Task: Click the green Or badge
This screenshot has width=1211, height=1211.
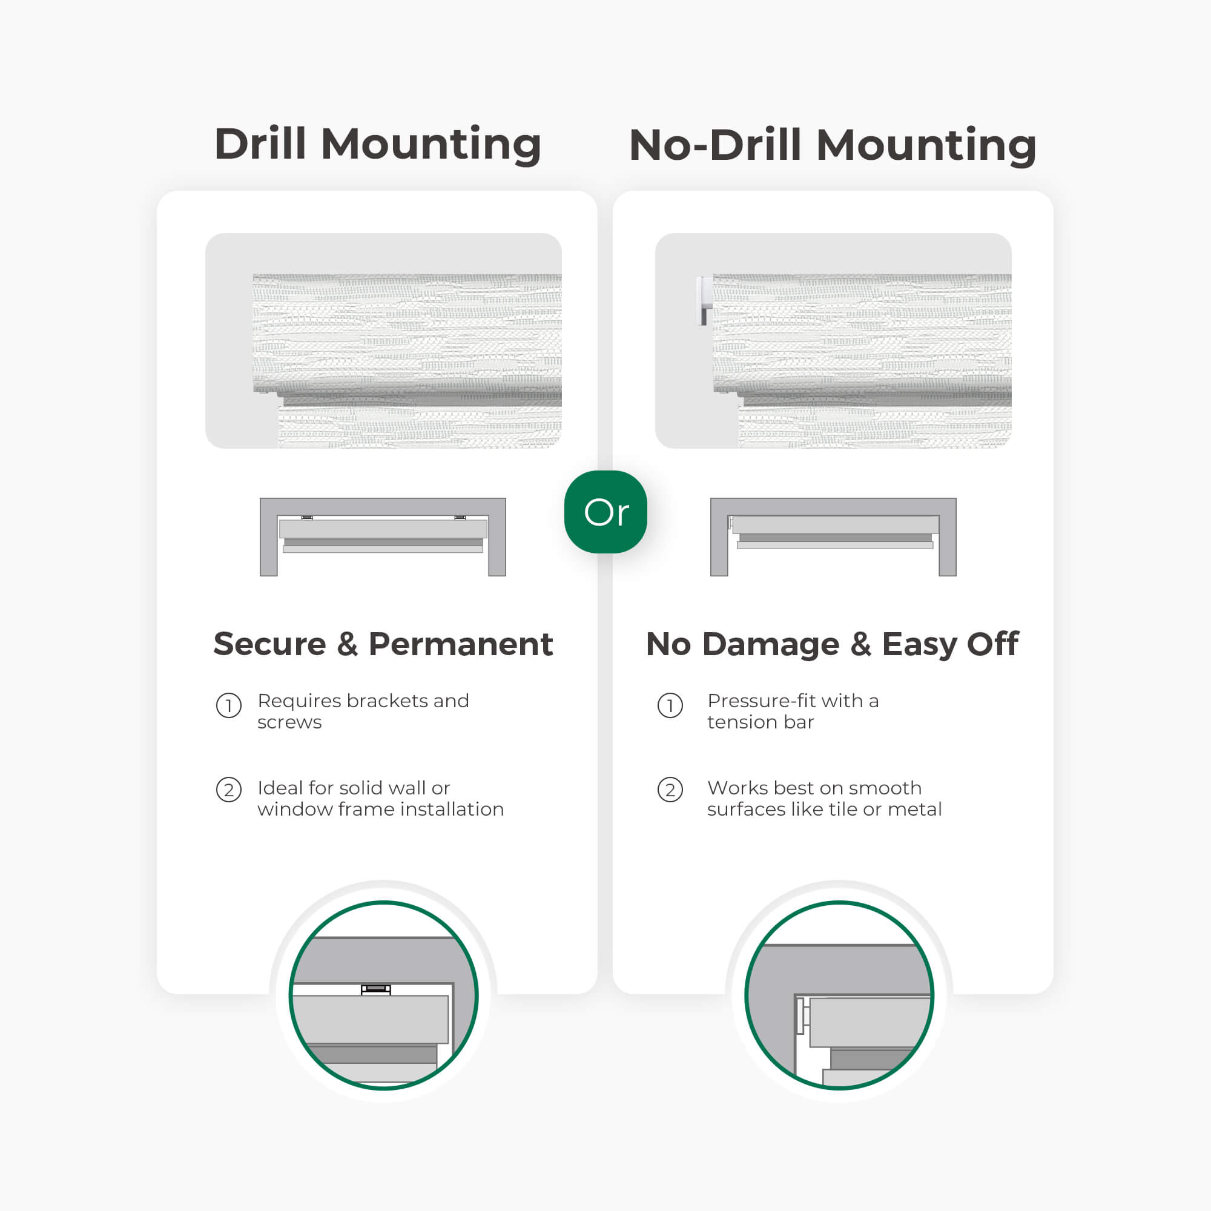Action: pos(605,512)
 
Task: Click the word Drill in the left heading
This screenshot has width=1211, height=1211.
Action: pos(260,144)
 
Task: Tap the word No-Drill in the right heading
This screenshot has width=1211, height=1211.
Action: pos(714,145)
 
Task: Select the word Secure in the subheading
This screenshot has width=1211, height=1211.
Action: pos(269,644)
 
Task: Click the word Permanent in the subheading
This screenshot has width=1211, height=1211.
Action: pos(460,644)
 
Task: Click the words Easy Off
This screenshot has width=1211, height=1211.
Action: pos(949,644)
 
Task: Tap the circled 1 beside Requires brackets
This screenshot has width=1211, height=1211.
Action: pos(229,706)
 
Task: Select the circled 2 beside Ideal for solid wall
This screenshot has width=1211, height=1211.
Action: pos(229,790)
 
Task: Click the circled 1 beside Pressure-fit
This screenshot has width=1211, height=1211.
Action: pos(670,706)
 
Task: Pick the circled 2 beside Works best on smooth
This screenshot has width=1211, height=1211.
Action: pos(670,790)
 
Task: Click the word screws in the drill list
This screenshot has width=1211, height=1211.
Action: pos(289,722)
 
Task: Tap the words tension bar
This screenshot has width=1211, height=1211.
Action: pos(761,722)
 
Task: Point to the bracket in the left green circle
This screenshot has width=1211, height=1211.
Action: pos(375,989)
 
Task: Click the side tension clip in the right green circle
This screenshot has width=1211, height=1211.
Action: pos(802,1015)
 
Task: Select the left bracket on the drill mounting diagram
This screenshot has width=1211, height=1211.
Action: pos(307,517)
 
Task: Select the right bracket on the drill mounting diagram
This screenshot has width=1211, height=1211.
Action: pos(460,517)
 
